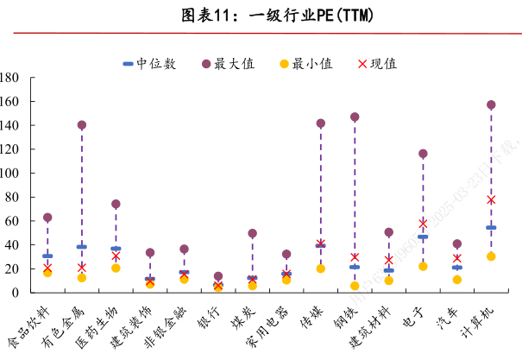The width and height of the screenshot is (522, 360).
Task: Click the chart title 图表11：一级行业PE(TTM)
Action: (261, 16)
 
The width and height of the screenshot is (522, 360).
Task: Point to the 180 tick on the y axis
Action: (10, 78)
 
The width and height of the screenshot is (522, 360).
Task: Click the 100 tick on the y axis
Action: (10, 173)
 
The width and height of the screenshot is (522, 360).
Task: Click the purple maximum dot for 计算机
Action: (491, 105)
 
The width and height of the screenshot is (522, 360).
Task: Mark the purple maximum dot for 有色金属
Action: (82, 125)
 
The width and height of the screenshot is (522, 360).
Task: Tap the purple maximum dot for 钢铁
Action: (355, 117)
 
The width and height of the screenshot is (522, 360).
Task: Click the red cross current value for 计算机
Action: (491, 199)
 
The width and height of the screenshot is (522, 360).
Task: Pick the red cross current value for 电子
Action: (423, 223)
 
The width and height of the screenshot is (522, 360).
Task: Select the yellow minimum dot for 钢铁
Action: (355, 286)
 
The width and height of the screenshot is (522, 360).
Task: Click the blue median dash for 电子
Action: (423, 237)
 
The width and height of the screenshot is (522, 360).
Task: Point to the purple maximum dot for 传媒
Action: (321, 123)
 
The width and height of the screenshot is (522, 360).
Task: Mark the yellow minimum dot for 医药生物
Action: (116, 268)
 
